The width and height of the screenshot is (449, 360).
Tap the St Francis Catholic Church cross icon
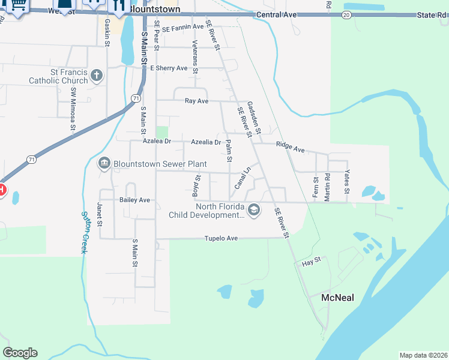pos(97,76)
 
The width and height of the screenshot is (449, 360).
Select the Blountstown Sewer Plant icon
pos(104,164)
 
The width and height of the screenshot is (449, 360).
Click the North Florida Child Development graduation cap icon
pos(254,209)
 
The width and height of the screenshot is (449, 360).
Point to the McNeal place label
pos(337,298)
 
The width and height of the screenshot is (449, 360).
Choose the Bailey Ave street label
pos(134,200)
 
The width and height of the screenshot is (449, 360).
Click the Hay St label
pos(312,262)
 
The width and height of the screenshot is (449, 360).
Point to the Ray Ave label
pos(196,101)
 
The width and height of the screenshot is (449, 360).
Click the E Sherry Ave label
pos(169,68)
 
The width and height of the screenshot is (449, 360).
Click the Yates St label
pos(347,182)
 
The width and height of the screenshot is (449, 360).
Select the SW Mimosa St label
pos(73,109)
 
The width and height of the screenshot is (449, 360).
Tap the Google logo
pos(20,353)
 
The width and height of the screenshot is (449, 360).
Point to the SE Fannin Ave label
pos(183,27)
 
